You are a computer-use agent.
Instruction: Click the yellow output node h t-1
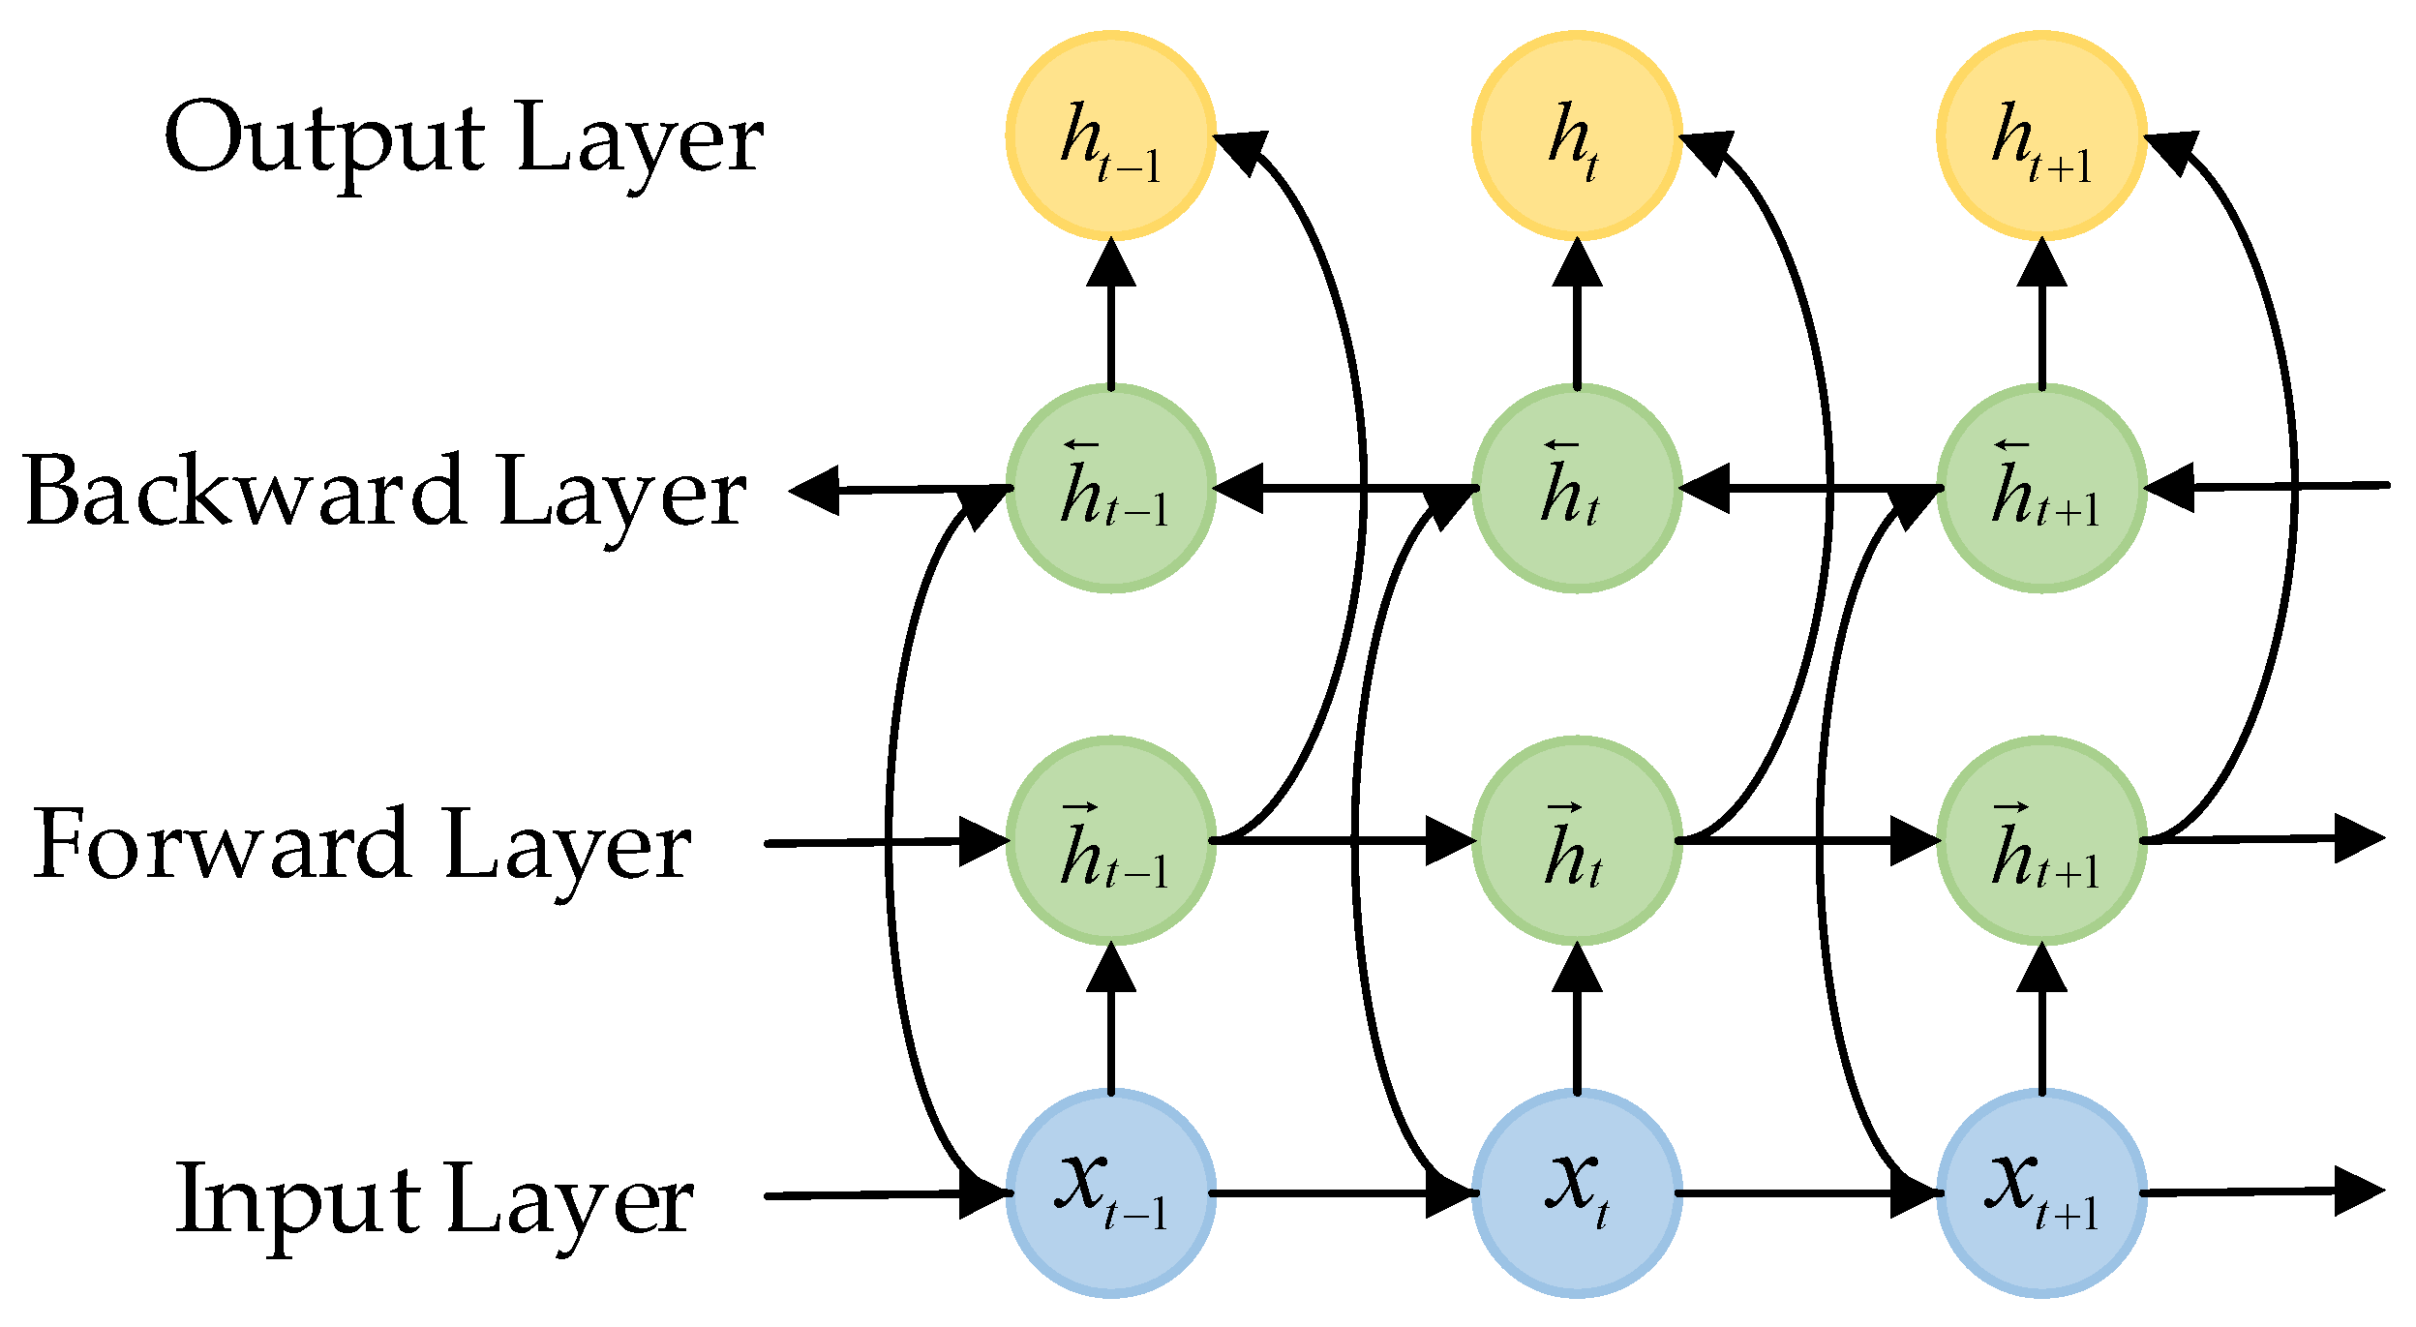pos(1110,136)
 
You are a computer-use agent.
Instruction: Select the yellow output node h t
pos(1577,136)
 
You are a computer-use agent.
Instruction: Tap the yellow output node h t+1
pos(2041,136)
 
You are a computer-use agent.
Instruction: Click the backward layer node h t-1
pos(1110,489)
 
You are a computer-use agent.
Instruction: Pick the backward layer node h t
pos(1577,489)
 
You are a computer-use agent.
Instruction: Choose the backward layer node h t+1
pos(2041,489)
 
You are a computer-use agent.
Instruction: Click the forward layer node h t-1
pos(1110,840)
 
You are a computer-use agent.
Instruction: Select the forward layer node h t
pos(1577,840)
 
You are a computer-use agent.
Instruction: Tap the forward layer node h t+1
pos(2041,840)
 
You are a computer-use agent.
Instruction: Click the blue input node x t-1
pos(1110,1192)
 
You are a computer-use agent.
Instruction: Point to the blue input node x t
pos(1577,1192)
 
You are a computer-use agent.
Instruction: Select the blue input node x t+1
pos(2041,1192)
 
